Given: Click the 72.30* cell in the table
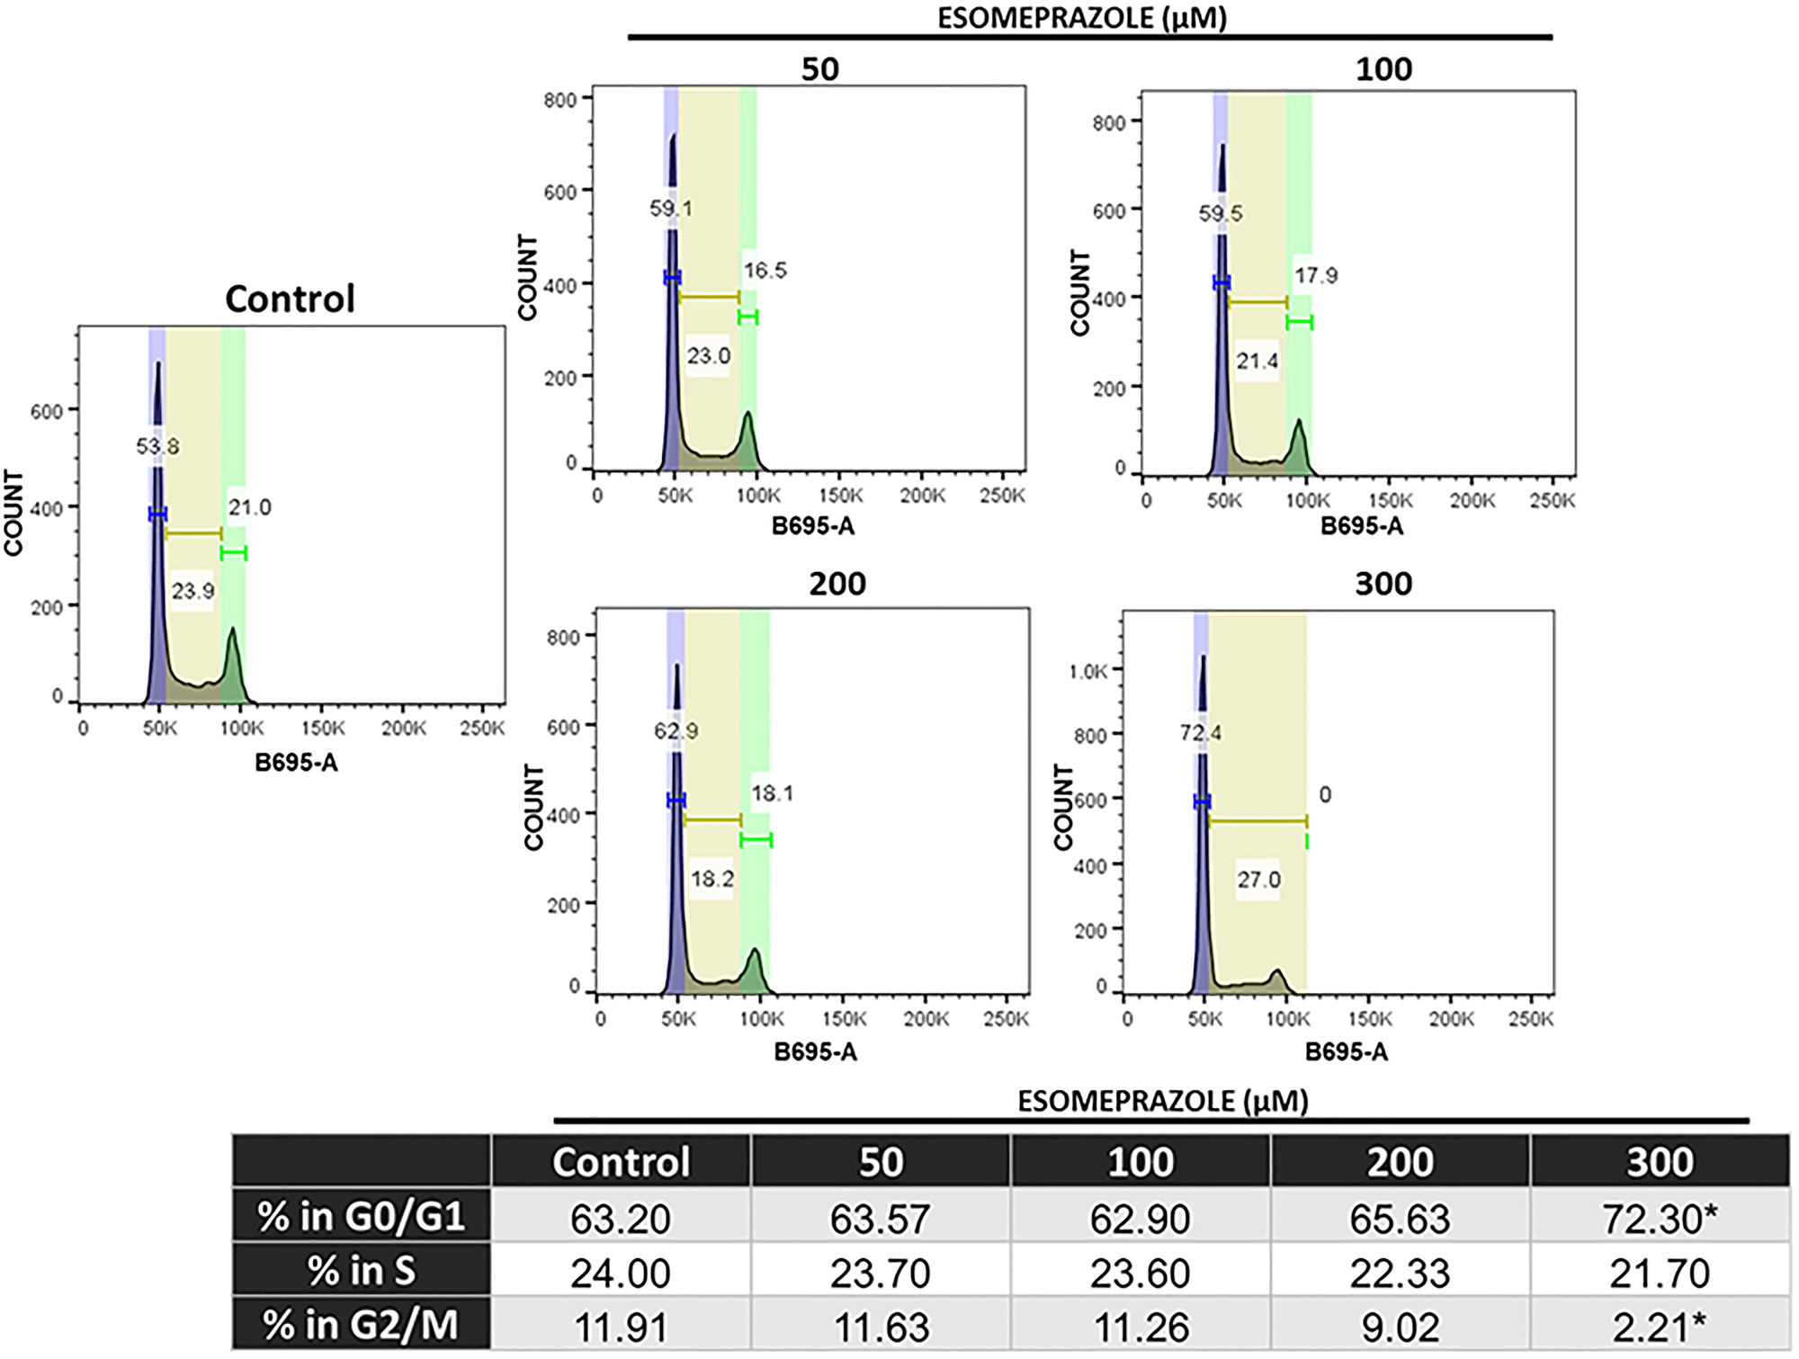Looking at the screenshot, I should point(1659,1219).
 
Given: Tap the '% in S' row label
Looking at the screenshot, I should point(362,1272).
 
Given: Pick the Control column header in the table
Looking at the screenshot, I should point(621,1162).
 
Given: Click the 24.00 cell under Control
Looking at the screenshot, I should point(621,1273).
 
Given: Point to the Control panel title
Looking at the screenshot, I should point(290,299).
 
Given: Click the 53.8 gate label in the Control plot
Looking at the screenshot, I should point(157,446).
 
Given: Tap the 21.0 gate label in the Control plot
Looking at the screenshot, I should point(249,508).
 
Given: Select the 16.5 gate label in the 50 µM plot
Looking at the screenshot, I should point(765,271).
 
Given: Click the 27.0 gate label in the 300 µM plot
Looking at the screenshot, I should point(1258,879).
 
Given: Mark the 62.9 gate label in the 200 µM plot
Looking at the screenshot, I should point(676,731).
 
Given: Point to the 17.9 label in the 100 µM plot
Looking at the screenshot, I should point(1316,275).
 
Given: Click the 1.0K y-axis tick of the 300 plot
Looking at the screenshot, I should point(1088,672).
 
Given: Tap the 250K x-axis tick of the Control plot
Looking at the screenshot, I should point(482,729).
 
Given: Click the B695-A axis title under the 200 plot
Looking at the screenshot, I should point(815,1051).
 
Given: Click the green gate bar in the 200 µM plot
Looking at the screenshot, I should point(756,840).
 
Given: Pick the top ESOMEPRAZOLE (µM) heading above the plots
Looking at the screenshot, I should point(1082,18).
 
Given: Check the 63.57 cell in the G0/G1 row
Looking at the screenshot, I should point(881,1219).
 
